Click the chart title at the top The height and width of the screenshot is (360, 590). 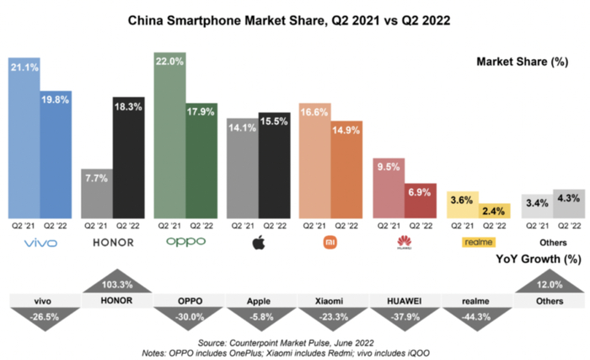295,18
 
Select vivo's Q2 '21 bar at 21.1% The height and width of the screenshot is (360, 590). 24,139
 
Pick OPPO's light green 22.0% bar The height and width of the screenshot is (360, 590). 170,135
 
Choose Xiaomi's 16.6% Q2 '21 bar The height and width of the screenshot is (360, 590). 314,161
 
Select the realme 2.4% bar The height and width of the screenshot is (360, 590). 493,211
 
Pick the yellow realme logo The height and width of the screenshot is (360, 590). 477,243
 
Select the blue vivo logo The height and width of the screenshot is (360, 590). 40,243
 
